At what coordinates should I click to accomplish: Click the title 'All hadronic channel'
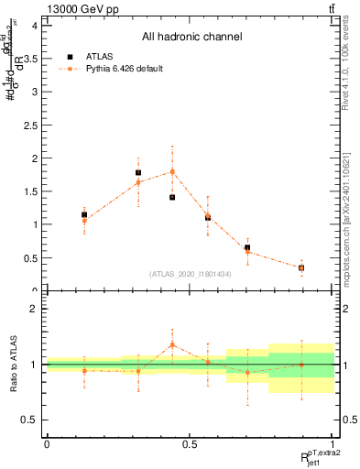[x=191, y=38]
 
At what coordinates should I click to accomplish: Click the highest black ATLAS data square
[x=138, y=172]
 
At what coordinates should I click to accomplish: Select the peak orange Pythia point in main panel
[x=172, y=171]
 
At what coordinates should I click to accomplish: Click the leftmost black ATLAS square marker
[x=84, y=214]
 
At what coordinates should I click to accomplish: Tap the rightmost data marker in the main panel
[x=301, y=268]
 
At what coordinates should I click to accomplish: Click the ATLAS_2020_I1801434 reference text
[x=191, y=274]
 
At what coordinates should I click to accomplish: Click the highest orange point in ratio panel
[x=172, y=344]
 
